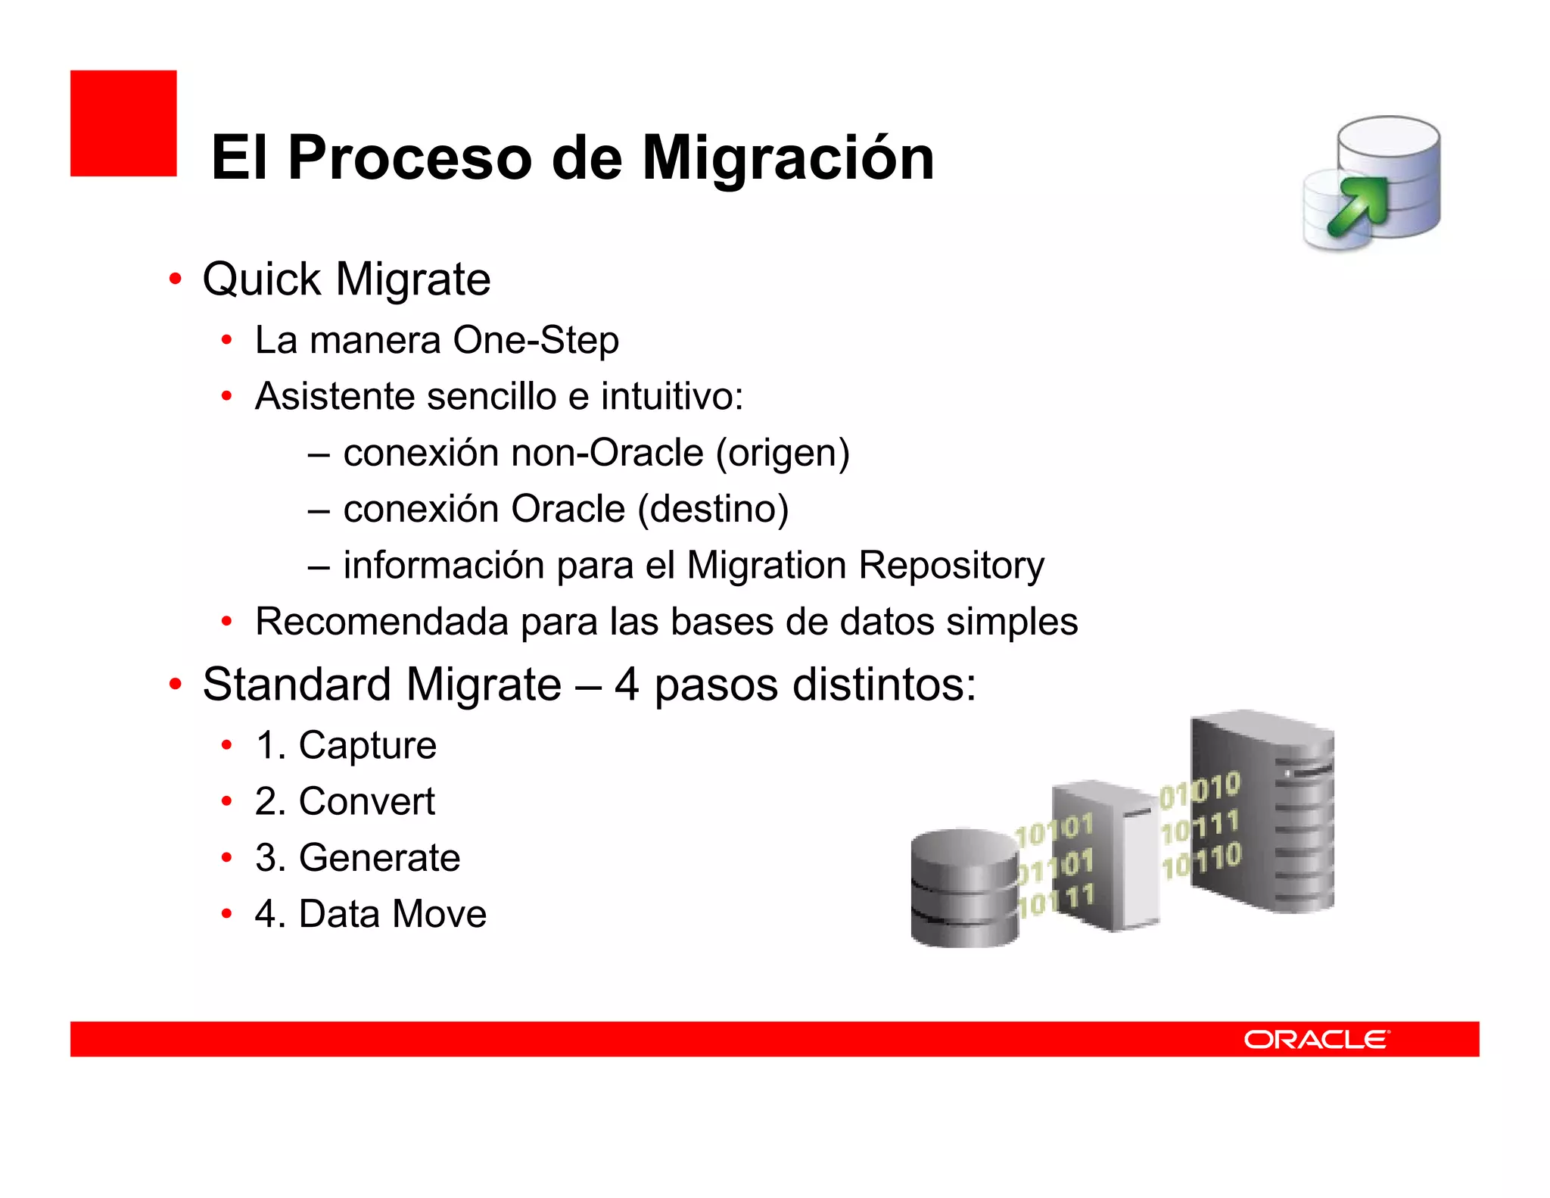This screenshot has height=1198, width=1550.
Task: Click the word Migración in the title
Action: (x=788, y=158)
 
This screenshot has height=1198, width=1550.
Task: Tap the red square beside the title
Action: (x=123, y=123)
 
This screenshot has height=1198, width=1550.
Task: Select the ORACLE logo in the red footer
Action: (x=1316, y=1039)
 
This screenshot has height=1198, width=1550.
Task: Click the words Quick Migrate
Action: (x=347, y=279)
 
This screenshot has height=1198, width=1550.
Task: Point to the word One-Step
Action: (x=536, y=340)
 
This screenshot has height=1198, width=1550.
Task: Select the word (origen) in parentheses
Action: (x=783, y=453)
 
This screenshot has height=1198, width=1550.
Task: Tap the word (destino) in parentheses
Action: (x=713, y=509)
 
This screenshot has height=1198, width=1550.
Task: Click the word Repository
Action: (x=951, y=565)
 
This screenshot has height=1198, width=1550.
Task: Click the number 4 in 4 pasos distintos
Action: (x=627, y=685)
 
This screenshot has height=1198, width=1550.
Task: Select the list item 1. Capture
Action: (x=346, y=745)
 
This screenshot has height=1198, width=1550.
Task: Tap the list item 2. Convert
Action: (x=345, y=801)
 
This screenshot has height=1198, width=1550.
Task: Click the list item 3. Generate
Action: (x=357, y=857)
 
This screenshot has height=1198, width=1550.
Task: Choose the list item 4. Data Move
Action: (x=371, y=913)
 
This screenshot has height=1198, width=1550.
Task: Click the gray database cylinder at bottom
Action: (x=963, y=888)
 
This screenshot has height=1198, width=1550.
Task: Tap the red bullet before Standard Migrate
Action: (x=175, y=685)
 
